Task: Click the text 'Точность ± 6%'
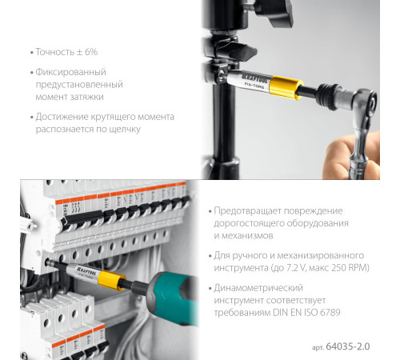tap(66, 52)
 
